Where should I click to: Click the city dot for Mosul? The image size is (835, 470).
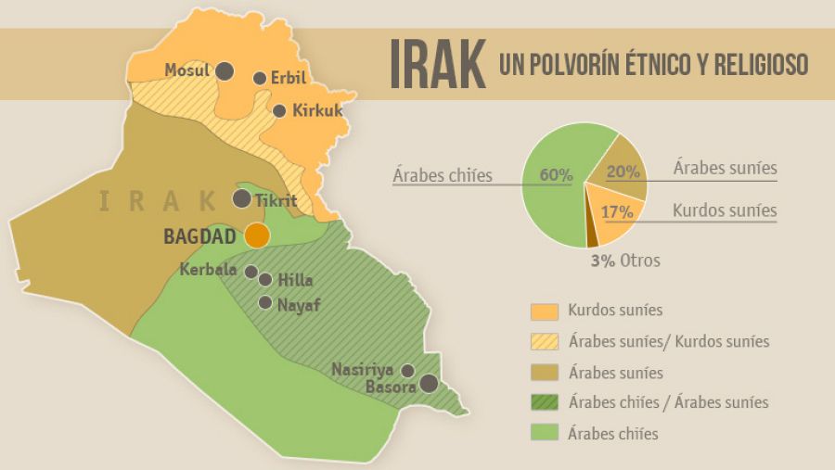[225, 70]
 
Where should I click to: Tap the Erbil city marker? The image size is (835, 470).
[260, 79]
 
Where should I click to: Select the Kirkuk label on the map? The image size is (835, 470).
[317, 110]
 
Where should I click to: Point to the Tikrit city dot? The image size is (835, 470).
[241, 198]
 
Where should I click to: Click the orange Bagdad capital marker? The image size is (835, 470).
[257, 235]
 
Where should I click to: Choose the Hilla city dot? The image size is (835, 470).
[265, 279]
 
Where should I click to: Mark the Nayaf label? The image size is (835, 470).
[299, 303]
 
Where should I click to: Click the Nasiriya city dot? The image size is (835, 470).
[407, 370]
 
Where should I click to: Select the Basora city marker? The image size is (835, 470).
[428, 383]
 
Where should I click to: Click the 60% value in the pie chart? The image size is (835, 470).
[556, 174]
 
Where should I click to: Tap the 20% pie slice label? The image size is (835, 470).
[623, 171]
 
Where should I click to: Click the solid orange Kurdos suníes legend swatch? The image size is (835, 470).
[545, 311]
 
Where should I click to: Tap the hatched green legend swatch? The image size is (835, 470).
[545, 402]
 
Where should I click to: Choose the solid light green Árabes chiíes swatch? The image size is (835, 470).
[545, 433]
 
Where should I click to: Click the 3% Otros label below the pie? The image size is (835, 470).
[625, 260]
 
